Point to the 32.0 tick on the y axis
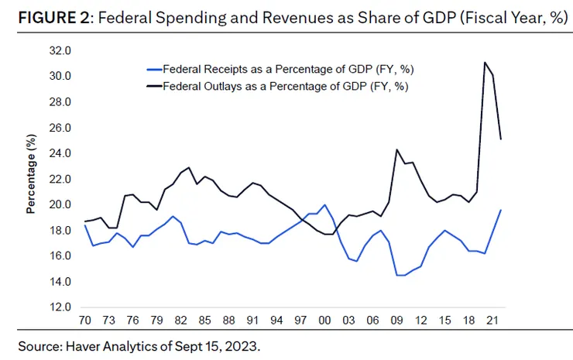point(60,51)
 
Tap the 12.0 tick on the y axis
point(60,307)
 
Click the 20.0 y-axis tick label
point(60,204)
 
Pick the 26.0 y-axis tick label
point(60,128)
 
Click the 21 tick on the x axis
point(486,319)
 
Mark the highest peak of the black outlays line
point(485,63)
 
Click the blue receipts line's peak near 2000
point(325,204)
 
